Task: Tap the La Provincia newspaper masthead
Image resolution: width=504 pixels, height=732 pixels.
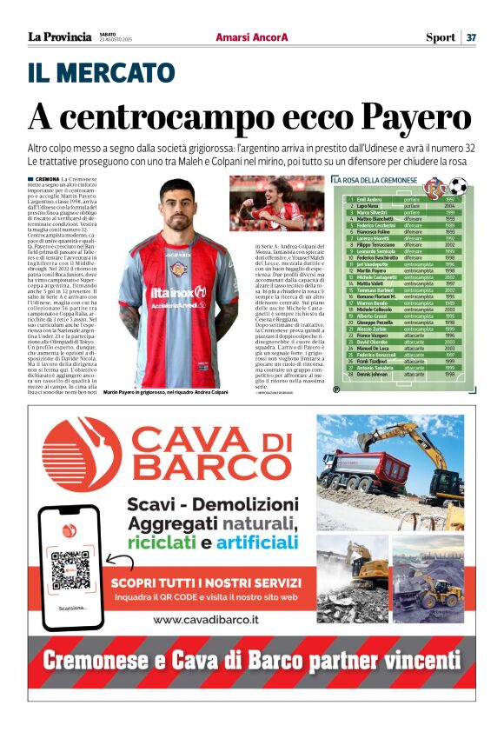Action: pyautogui.click(x=59, y=37)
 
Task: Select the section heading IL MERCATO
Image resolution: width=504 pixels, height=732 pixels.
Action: pyautogui.click(x=102, y=73)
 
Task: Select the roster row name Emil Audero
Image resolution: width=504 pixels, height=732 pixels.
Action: pyautogui.click(x=369, y=199)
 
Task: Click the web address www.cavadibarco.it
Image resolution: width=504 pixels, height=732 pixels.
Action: pyautogui.click(x=204, y=620)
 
